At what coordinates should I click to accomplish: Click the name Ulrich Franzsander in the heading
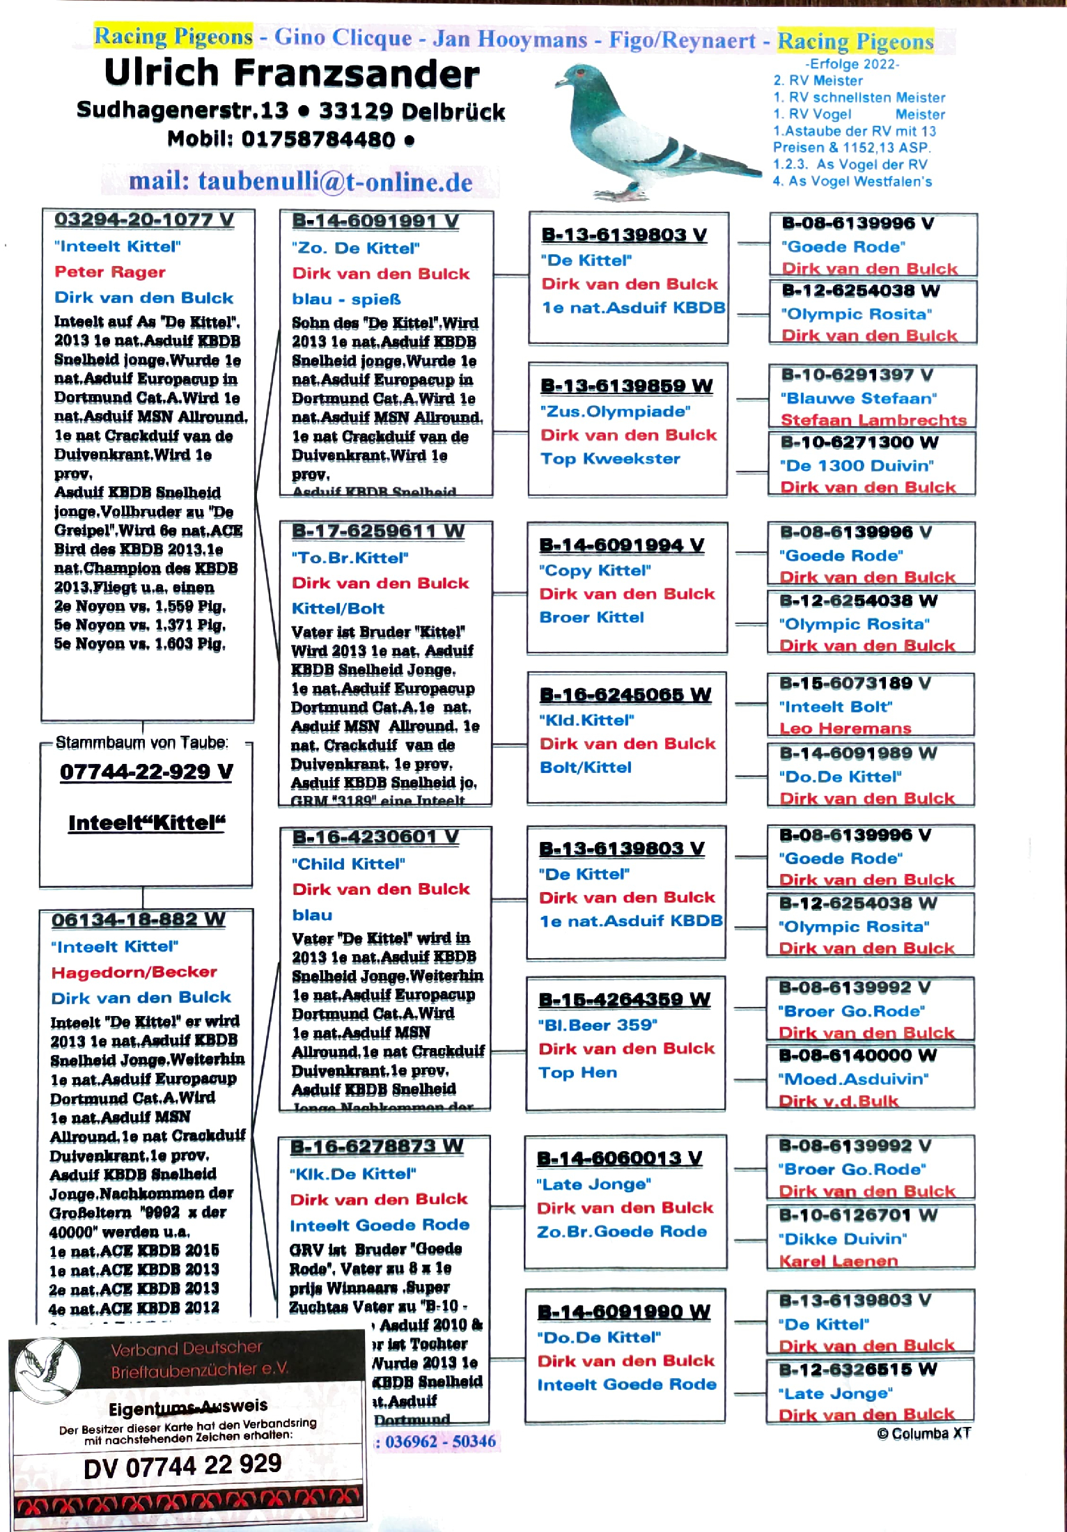[x=291, y=74]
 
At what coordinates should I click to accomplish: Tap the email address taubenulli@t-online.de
[x=300, y=182]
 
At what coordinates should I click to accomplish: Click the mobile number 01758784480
[x=318, y=139]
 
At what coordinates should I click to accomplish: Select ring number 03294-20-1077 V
[x=144, y=220]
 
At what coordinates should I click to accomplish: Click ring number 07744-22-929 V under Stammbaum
[x=146, y=772]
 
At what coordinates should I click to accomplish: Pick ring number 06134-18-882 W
[x=138, y=920]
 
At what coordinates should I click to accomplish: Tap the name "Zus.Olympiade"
[x=615, y=412]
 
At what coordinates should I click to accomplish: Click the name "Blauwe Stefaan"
[x=858, y=398]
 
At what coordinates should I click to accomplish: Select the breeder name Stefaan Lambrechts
[x=873, y=420]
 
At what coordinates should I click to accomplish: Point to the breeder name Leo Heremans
[x=845, y=728]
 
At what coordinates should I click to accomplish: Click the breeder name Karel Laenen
[x=838, y=1261]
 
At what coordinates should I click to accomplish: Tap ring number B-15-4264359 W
[x=624, y=1000]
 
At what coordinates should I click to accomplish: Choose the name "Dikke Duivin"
[x=842, y=1239]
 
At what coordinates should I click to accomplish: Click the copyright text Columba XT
[x=924, y=1433]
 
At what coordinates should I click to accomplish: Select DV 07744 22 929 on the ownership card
[x=182, y=1466]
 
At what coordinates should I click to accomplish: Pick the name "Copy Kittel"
[x=595, y=570]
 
